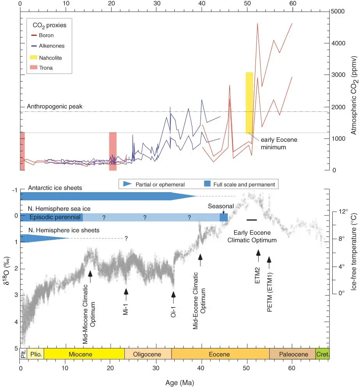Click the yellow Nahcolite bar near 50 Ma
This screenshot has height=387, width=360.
[249, 102]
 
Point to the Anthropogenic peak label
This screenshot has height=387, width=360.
[55, 106]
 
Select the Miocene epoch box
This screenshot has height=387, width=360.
[84, 354]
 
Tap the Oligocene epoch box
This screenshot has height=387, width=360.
[148, 354]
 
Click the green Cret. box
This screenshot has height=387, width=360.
[322, 354]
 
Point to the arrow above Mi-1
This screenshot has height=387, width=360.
[126, 293]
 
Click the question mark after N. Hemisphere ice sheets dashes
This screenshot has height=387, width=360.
[126, 238]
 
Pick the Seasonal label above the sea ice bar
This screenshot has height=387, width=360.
[221, 206]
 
